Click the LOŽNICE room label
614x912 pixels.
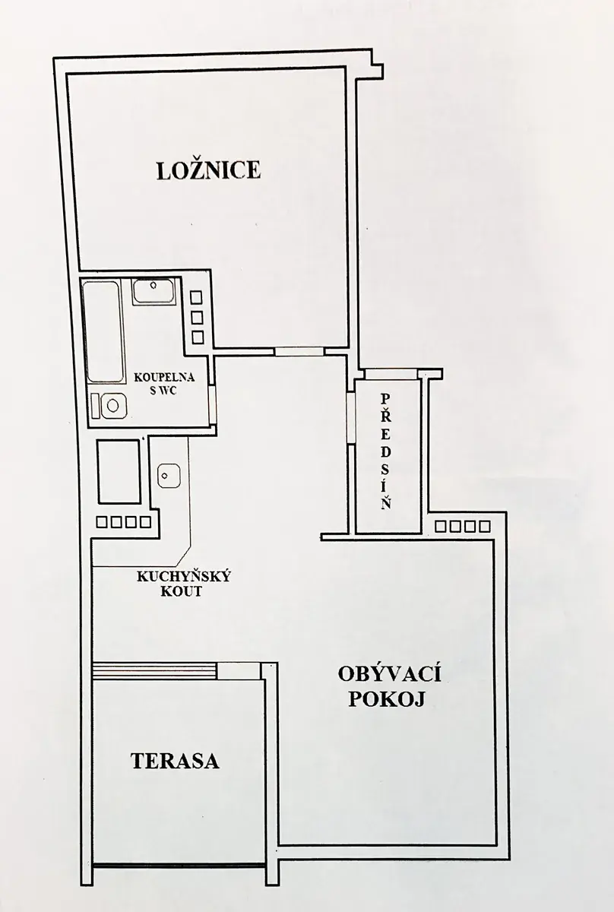pos(208,169)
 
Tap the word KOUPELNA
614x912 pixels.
pos(164,378)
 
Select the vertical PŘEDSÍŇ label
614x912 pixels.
pos(386,451)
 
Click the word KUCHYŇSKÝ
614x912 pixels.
pos(184,577)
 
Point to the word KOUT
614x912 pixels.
pos(181,591)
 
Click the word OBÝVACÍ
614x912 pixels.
pos(390,675)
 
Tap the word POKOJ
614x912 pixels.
pos(388,699)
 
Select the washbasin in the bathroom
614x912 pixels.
pos(153,290)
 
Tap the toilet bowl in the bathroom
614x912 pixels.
pos(109,406)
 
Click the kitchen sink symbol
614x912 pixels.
pos(169,476)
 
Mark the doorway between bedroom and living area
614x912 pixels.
pos(300,352)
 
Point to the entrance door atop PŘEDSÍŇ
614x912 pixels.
pos(391,374)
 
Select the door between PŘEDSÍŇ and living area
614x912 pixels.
pos(351,418)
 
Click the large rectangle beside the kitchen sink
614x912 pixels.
pos(119,471)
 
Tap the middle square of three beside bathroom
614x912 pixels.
pos(197,317)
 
